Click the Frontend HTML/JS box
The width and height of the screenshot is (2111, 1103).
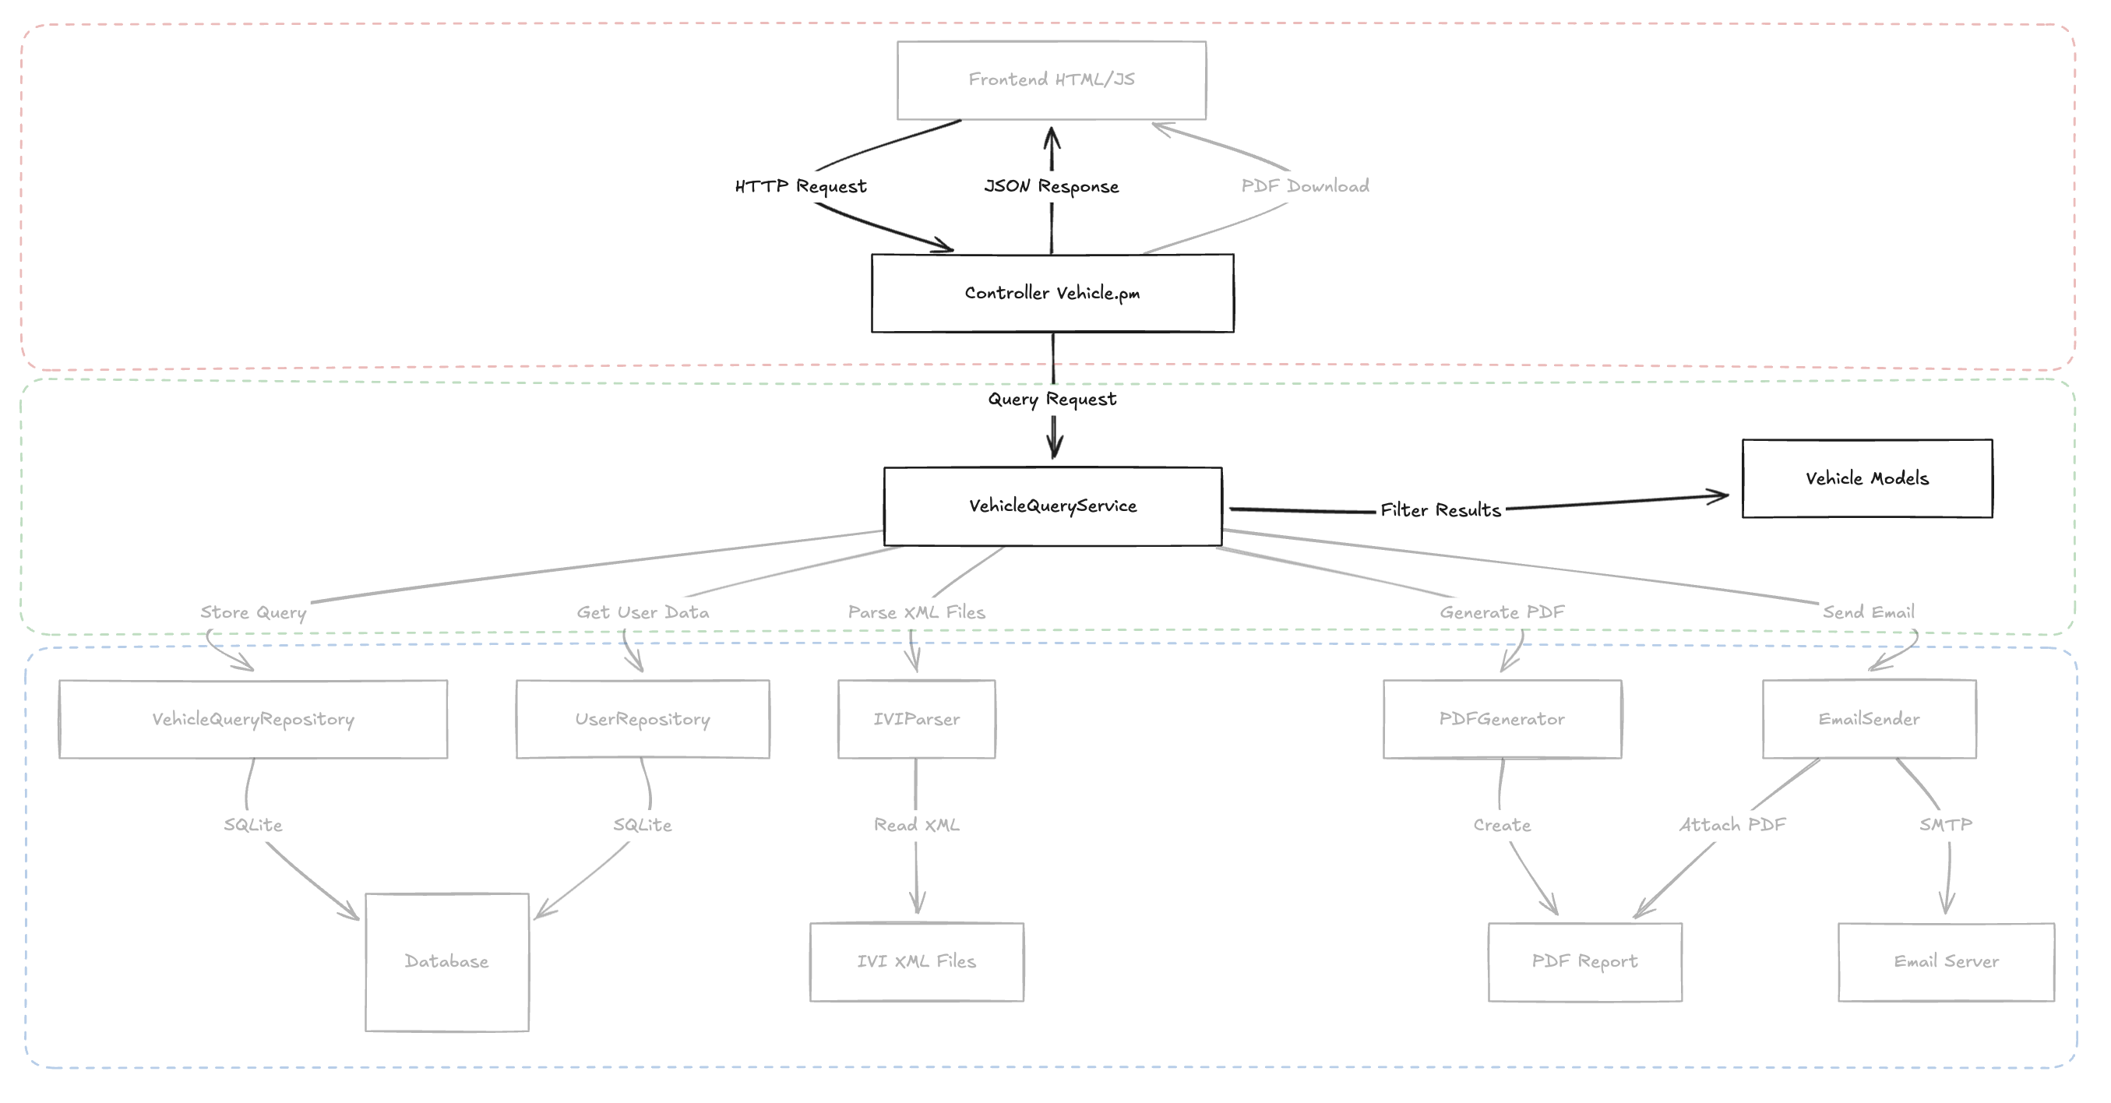tap(1052, 80)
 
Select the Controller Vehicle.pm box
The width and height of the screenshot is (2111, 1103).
tap(1052, 294)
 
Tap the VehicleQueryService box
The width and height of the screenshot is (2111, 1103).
tap(1052, 506)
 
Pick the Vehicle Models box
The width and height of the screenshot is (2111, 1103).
tap(1866, 478)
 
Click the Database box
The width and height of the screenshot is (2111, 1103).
tap(446, 962)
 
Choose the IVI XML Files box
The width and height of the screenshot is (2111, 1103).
tap(916, 962)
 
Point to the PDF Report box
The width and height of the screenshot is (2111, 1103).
tap(1585, 962)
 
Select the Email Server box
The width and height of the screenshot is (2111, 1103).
tap(1947, 962)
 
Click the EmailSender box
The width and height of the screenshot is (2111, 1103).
tap(1869, 720)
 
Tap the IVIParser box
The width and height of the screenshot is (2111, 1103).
tap(916, 720)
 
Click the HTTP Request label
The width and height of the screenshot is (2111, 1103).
tap(801, 187)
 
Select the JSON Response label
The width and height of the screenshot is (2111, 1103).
tap(1052, 187)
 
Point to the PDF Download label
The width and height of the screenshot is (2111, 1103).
tap(1305, 187)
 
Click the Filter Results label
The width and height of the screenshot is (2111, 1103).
tap(1440, 510)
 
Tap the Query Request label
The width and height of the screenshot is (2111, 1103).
tap(1052, 400)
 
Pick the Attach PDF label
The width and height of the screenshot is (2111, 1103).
tap(1732, 825)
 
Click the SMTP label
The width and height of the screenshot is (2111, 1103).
tap(1945, 825)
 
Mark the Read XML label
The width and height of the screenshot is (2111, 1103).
tap(916, 825)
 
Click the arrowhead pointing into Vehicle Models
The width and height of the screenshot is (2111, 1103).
tap(1721, 495)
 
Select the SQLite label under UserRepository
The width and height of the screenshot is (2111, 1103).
tap(643, 825)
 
